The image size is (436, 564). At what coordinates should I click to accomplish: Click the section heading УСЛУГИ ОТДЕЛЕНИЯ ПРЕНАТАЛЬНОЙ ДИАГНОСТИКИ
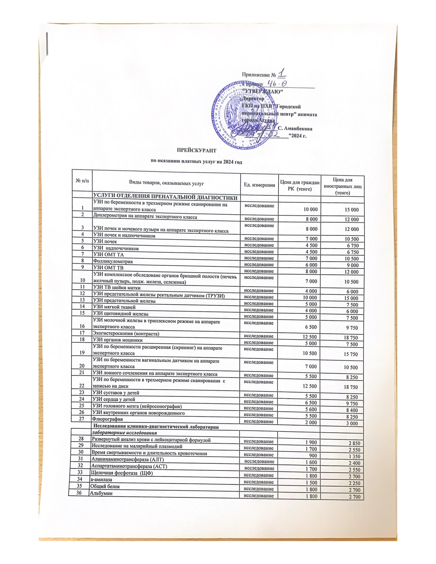pyautogui.click(x=165, y=198)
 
